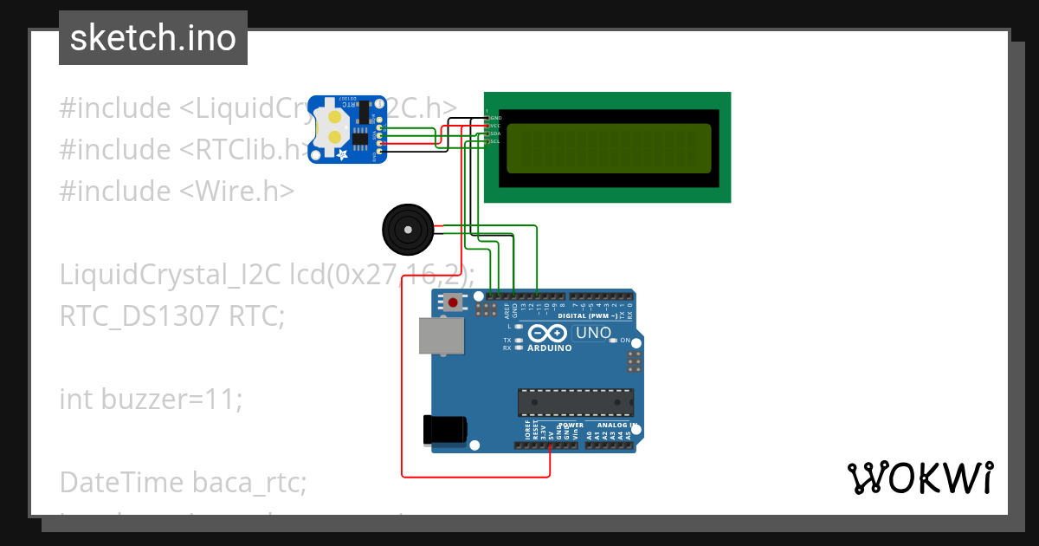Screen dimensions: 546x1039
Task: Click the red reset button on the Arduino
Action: (452, 302)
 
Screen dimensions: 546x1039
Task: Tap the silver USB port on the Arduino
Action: (441, 335)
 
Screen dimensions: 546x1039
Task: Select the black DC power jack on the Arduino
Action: (444, 431)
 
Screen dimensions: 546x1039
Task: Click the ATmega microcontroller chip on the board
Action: (575, 403)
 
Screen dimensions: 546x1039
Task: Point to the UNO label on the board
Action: (594, 333)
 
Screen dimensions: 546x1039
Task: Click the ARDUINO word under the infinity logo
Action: (549, 348)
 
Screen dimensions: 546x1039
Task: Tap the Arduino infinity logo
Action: (549, 333)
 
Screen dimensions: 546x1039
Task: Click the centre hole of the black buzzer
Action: (406, 229)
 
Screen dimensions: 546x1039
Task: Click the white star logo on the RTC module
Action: (342, 154)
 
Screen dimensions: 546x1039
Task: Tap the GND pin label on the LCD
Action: (495, 117)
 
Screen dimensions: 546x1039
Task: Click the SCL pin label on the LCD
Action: (494, 141)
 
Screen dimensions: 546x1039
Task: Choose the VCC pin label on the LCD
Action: (495, 125)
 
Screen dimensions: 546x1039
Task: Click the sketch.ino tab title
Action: (153, 38)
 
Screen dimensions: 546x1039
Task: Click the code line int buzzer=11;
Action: (151, 399)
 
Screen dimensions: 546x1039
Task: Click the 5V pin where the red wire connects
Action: (551, 445)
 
